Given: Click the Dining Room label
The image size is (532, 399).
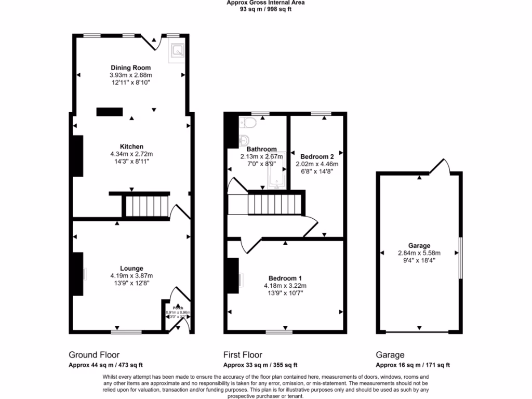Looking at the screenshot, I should pyautogui.click(x=130, y=68).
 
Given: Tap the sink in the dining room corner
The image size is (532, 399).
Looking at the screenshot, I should pyautogui.click(x=178, y=51).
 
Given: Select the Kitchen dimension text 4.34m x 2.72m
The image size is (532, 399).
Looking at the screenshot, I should pyautogui.click(x=131, y=154).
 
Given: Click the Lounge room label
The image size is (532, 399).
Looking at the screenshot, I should pyautogui.click(x=131, y=268).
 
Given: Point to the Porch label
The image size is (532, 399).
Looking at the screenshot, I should pyautogui.click(x=178, y=307).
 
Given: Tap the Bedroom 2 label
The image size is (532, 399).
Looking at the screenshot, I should pyautogui.click(x=317, y=156).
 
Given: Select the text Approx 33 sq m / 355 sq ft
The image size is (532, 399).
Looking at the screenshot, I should pyautogui.click(x=260, y=365).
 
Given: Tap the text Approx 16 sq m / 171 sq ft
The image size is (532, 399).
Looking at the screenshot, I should pyautogui.click(x=413, y=365).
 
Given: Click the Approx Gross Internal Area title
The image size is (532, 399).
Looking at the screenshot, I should pyautogui.click(x=265, y=3).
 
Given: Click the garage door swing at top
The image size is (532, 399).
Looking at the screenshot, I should pyautogui.click(x=440, y=166).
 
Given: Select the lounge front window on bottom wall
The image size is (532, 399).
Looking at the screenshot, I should pyautogui.click(x=126, y=331).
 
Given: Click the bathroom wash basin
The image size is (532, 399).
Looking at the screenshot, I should pyautogui.click(x=245, y=140).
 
